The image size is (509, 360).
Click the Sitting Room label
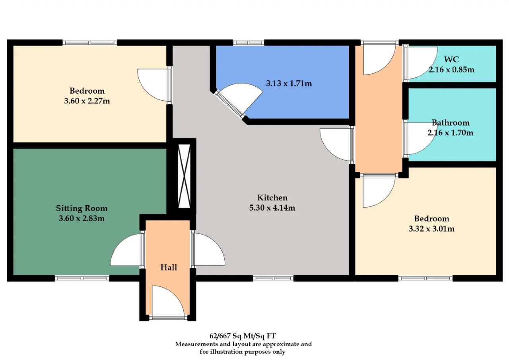pyautogui.click(x=82, y=208)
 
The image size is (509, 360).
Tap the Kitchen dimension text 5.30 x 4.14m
pyautogui.click(x=272, y=208)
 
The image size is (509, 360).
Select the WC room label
pyautogui.click(x=451, y=59)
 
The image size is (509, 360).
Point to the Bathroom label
pyautogui.click(x=451, y=123)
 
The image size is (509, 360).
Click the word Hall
pyautogui.click(x=169, y=267)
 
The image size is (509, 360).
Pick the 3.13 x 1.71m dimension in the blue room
pyautogui.click(x=289, y=84)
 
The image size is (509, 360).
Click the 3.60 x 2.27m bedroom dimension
pyautogui.click(x=87, y=101)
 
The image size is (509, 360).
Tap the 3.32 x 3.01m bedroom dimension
pyautogui.click(x=431, y=228)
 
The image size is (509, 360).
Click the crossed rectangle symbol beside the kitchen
pyautogui.click(x=184, y=176)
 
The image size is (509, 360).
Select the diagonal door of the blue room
pyautogui.click(x=239, y=100)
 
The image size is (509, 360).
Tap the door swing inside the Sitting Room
pyautogui.click(x=126, y=250)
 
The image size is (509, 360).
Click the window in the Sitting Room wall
pyautogui.click(x=82, y=278)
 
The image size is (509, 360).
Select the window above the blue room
pyautogui.click(x=249, y=43)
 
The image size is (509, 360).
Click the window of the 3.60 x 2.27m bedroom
pyautogui.click(x=89, y=43)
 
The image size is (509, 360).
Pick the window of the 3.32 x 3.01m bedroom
pyautogui.click(x=425, y=278)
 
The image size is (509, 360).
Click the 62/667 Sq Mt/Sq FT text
pyautogui.click(x=243, y=336)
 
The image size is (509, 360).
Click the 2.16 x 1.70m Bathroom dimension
pyautogui.click(x=451, y=132)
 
